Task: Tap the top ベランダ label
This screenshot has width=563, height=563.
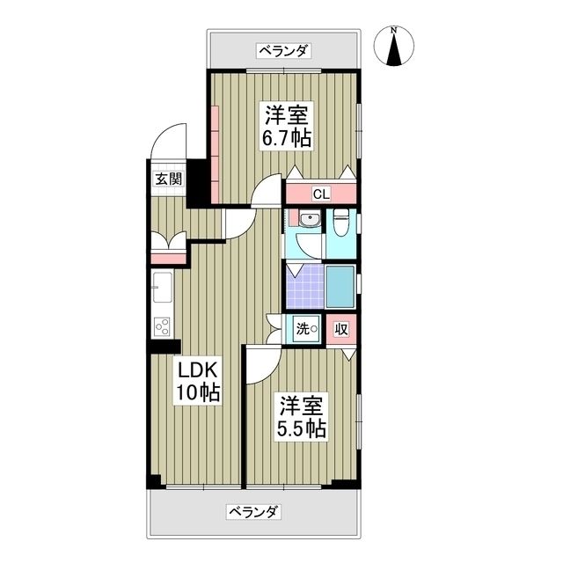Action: [x=283, y=51]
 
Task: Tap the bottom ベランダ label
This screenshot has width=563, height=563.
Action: [x=254, y=511]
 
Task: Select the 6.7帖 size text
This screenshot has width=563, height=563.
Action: [x=286, y=138]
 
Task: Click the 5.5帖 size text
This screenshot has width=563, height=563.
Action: [x=303, y=428]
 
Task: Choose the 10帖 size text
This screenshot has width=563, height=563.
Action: [x=200, y=392]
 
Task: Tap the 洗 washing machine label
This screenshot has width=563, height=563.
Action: [x=304, y=330]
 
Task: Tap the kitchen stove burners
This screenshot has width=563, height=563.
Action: [x=163, y=327]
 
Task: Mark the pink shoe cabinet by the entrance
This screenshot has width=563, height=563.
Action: [x=168, y=257]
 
